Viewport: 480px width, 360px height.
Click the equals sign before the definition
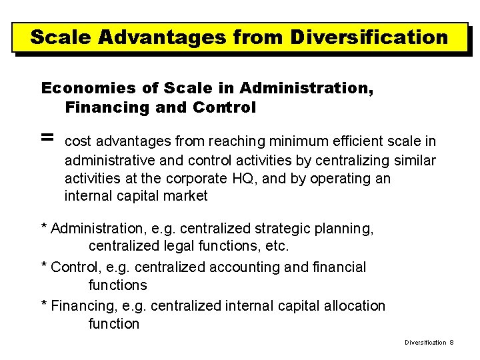click(47, 137)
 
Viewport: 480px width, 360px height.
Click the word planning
click(343, 229)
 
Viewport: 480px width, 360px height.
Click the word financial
click(341, 267)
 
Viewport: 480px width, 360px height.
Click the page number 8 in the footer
click(451, 342)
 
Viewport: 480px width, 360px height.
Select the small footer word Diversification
click(425, 342)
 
